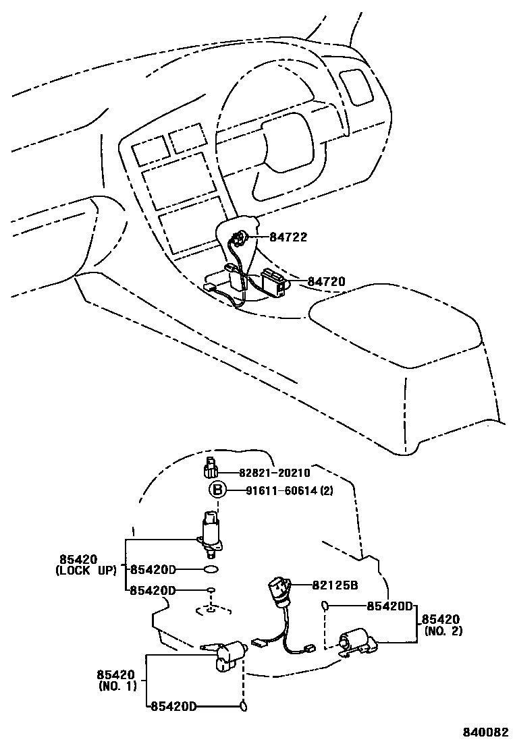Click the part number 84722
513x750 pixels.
pyautogui.click(x=288, y=237)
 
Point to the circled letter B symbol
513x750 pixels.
pyautogui.click(x=217, y=490)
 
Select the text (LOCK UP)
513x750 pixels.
pyautogui.click(x=86, y=571)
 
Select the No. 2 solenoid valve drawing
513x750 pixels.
pyautogui.click(x=357, y=641)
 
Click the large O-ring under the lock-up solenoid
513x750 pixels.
pyautogui.click(x=211, y=571)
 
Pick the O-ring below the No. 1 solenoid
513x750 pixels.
pyautogui.click(x=244, y=706)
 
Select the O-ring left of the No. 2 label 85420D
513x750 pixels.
pyautogui.click(x=325, y=606)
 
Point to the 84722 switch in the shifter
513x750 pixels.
pyautogui.click(x=239, y=239)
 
